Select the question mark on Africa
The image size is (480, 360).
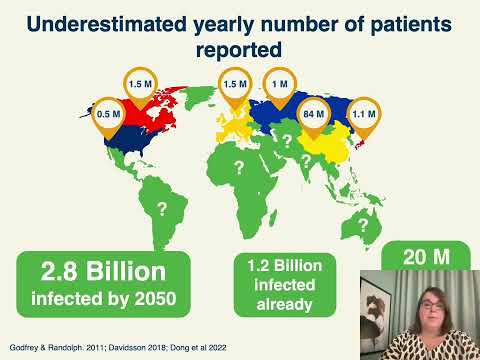click(237, 165)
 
